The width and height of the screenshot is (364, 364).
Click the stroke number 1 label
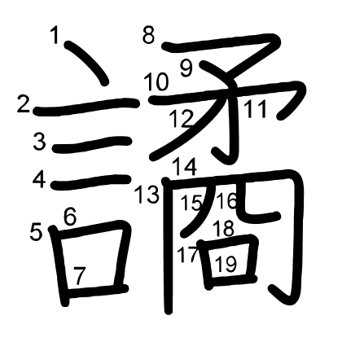coord(55,35)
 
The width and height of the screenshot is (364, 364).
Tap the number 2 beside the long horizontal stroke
coord(23,104)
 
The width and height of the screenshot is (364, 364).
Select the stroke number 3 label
coord(40,142)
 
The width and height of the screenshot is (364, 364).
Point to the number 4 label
coord(39,179)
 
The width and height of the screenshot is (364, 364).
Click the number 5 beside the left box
coord(36,231)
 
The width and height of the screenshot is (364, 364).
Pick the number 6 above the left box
coord(70,217)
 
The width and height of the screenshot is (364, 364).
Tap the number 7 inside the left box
coord(80,275)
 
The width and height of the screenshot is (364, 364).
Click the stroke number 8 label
coord(149,35)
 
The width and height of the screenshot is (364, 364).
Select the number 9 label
coord(186,68)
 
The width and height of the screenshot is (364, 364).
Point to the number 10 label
coord(156,81)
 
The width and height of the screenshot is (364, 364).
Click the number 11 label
coord(255,109)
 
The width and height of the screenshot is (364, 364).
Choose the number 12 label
coord(182,119)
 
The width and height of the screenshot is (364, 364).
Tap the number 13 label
coord(147,195)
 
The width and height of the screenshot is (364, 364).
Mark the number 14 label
coord(185,166)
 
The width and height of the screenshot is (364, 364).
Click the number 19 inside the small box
coord(226,264)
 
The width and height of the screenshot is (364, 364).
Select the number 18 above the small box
coord(223,228)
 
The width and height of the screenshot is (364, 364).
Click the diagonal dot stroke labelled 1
coord(86,63)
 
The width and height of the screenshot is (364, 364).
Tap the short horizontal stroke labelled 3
coord(93,145)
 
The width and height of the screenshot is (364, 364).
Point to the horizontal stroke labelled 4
coord(91,182)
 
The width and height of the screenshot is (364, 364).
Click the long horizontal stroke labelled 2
coord(86,107)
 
